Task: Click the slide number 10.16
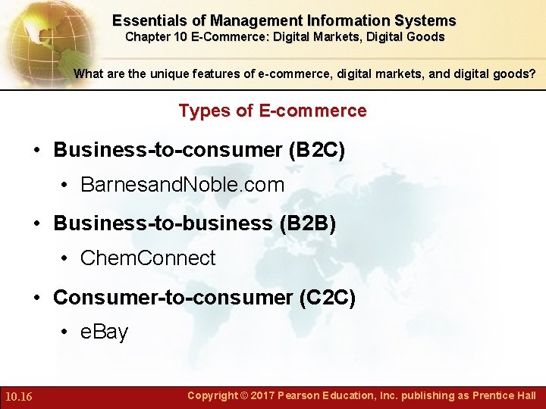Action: click(x=17, y=396)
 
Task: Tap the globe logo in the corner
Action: click(x=42, y=38)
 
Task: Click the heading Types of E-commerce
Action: click(x=272, y=111)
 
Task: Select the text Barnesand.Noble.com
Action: click(x=182, y=185)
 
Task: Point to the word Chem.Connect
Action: click(x=148, y=258)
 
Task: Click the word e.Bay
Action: click(x=105, y=332)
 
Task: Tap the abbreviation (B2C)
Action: click(x=317, y=150)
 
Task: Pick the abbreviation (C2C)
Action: click(x=328, y=298)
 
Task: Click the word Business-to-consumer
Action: click(x=168, y=150)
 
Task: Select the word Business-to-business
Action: click(x=162, y=223)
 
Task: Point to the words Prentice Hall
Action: click(x=504, y=395)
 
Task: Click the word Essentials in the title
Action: click(x=148, y=21)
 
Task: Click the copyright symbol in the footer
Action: click(x=243, y=395)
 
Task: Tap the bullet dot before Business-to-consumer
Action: click(x=37, y=150)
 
